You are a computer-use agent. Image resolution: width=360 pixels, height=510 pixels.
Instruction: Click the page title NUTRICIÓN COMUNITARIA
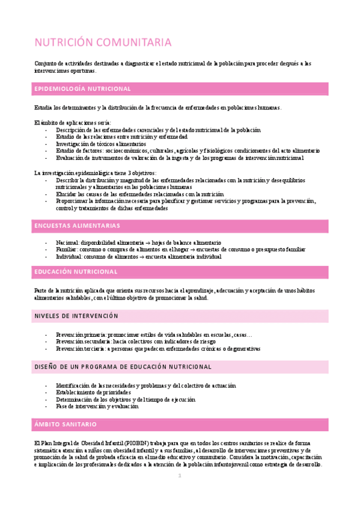pos(103,43)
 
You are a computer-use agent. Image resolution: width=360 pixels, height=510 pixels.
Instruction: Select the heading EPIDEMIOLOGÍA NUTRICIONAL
pos(83,89)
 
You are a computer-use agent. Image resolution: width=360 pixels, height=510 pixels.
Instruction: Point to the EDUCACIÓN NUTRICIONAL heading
pos(75,272)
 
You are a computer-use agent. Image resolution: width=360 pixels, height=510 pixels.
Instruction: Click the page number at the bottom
pos(180,476)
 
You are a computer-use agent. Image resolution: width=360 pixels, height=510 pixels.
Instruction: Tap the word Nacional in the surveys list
pos(66,242)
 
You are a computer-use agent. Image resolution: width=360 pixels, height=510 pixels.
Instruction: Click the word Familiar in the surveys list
pos(66,250)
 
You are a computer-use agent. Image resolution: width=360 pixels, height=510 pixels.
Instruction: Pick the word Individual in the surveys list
pos(68,257)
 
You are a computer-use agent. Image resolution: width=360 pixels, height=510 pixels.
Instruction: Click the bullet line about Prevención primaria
pos(154,334)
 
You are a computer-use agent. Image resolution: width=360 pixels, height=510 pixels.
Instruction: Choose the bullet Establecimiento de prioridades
pos(93,392)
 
